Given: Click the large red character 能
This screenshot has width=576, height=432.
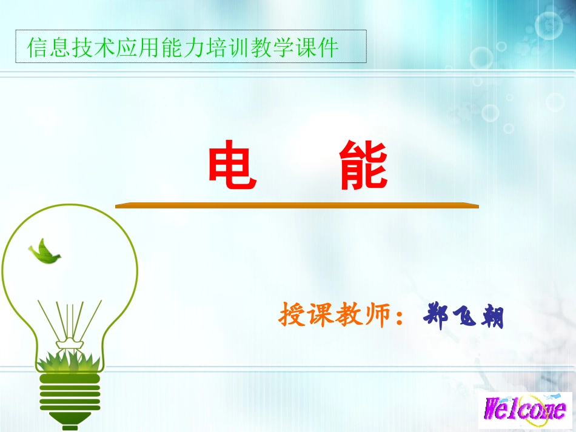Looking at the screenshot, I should pos(363,165).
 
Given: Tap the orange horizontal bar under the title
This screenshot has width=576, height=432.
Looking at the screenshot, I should pos(296,206).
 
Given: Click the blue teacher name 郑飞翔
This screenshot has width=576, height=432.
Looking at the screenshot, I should pos(463,316).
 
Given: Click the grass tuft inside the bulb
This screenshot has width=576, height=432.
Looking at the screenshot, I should pos(68,361).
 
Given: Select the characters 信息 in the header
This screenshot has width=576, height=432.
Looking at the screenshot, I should pos(46,47).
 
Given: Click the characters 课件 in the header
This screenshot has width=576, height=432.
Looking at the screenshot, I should pos(319,47).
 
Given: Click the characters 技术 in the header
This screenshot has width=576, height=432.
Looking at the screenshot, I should pos(85,47).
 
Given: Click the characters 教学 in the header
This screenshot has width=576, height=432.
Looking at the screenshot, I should pos(280,47).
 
